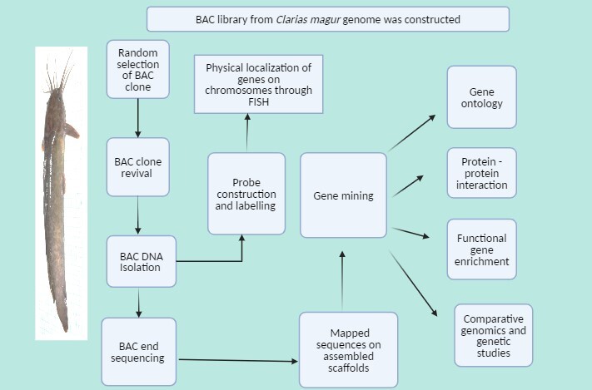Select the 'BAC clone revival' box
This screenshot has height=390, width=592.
click(137, 167)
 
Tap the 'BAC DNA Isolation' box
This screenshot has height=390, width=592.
click(141, 260)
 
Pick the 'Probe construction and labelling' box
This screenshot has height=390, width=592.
click(246, 193)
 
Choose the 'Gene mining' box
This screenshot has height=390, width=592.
click(343, 195)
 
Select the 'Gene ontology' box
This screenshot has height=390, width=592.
click(481, 96)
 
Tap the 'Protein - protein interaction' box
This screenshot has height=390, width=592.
click(481, 175)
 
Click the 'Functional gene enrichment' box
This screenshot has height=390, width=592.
click(481, 249)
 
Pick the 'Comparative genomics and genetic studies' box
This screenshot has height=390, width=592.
click(494, 335)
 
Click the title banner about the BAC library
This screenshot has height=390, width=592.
click(327, 19)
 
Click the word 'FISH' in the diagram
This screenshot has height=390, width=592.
click(246, 104)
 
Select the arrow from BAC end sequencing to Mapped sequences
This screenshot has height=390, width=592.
click(237, 360)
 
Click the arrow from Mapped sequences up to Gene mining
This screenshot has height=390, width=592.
click(342, 279)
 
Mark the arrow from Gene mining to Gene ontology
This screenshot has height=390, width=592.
click(411, 134)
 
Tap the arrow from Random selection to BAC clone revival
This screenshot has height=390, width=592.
click(137, 121)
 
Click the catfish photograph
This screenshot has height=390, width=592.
click(61, 193)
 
